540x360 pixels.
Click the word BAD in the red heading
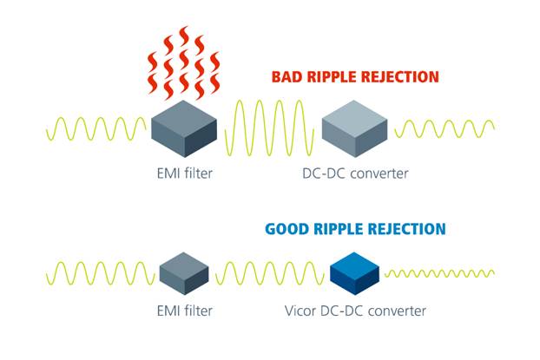(x=286, y=77)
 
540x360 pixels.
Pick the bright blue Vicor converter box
(x=355, y=272)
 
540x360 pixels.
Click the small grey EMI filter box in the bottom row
(x=184, y=272)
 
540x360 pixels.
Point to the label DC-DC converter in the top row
(x=355, y=174)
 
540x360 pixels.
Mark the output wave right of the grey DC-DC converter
(x=445, y=130)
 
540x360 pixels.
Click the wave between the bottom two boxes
(x=269, y=273)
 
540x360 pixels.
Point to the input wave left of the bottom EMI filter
(x=99, y=273)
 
